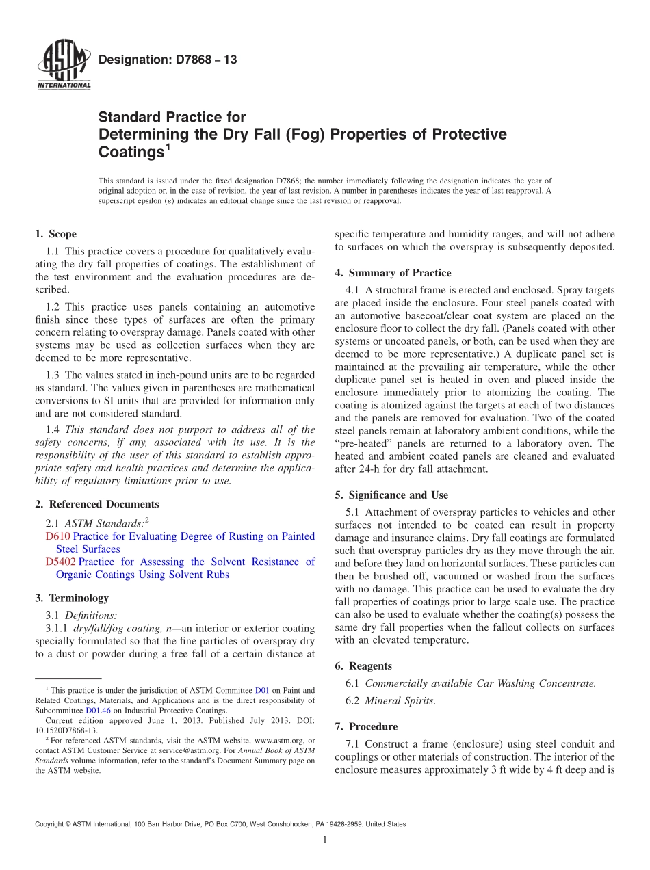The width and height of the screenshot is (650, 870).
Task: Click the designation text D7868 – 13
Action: [x=168, y=60]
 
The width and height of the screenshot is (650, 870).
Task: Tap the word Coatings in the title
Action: [x=130, y=151]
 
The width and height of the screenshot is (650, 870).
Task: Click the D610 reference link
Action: [x=57, y=536]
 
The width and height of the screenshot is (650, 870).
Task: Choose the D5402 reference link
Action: [x=61, y=562]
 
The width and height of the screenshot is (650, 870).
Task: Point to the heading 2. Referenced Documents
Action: [x=96, y=504]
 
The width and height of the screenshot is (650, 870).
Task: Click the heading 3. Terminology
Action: [x=72, y=598]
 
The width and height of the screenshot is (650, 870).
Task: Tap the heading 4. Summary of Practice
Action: [x=393, y=273]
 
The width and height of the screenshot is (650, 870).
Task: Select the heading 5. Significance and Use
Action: [x=391, y=495]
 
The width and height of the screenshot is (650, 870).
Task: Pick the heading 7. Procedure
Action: [x=366, y=726]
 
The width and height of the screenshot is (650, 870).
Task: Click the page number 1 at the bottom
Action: [x=325, y=840]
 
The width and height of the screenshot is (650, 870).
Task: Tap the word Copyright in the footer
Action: [x=51, y=824]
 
